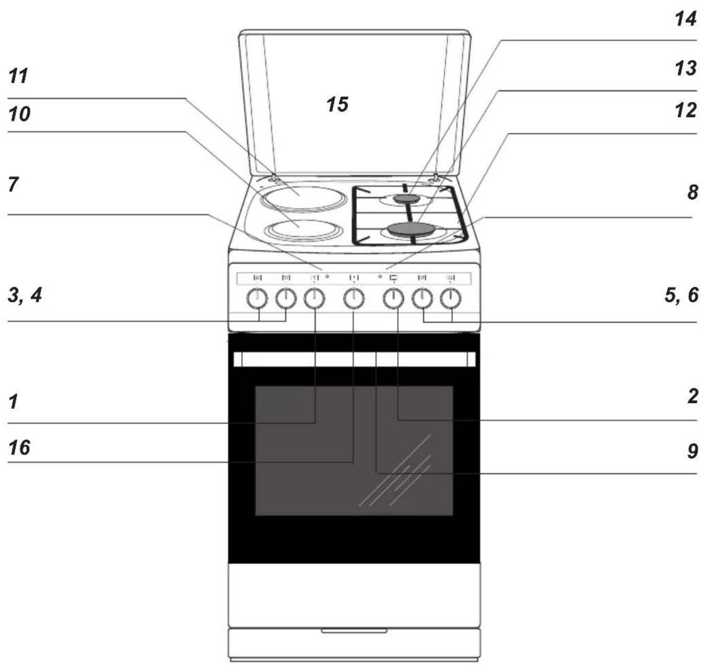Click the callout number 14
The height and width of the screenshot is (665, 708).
tap(685, 19)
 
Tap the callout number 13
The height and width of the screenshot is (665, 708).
tap(685, 68)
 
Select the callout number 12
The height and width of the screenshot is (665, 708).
tap(685, 110)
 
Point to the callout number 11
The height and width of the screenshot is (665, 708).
tap(18, 76)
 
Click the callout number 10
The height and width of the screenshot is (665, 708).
tap(19, 114)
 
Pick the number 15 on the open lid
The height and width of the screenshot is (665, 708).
tap(337, 104)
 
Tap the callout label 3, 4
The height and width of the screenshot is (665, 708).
tap(25, 295)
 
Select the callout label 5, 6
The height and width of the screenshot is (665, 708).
tap(682, 295)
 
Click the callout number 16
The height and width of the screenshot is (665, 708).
tap(19, 448)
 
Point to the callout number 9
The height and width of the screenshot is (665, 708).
tap(693, 451)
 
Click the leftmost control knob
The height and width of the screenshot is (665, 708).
tap(257, 299)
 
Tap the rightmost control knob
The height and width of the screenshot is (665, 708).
tap(451, 299)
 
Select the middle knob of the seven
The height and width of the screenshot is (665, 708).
tap(353, 299)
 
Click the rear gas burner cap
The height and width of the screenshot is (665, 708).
tap(408, 199)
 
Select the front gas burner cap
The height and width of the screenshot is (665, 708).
tap(411, 229)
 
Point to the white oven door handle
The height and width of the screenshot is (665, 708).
tap(355, 359)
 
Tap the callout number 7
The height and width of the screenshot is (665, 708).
tap(13, 184)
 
